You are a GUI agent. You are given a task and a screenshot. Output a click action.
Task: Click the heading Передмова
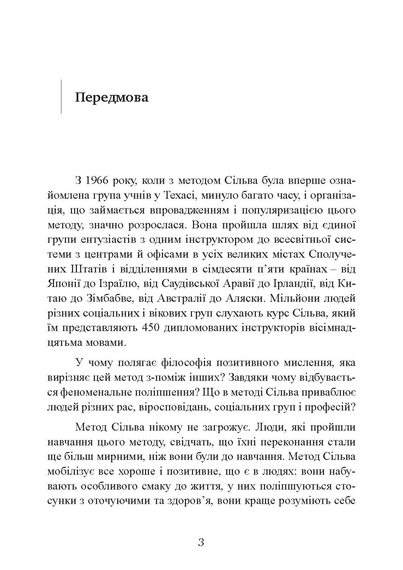click(x=112, y=97)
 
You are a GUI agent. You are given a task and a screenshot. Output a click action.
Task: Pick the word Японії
click(x=64, y=283)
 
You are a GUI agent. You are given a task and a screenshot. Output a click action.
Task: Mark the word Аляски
click(x=243, y=298)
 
